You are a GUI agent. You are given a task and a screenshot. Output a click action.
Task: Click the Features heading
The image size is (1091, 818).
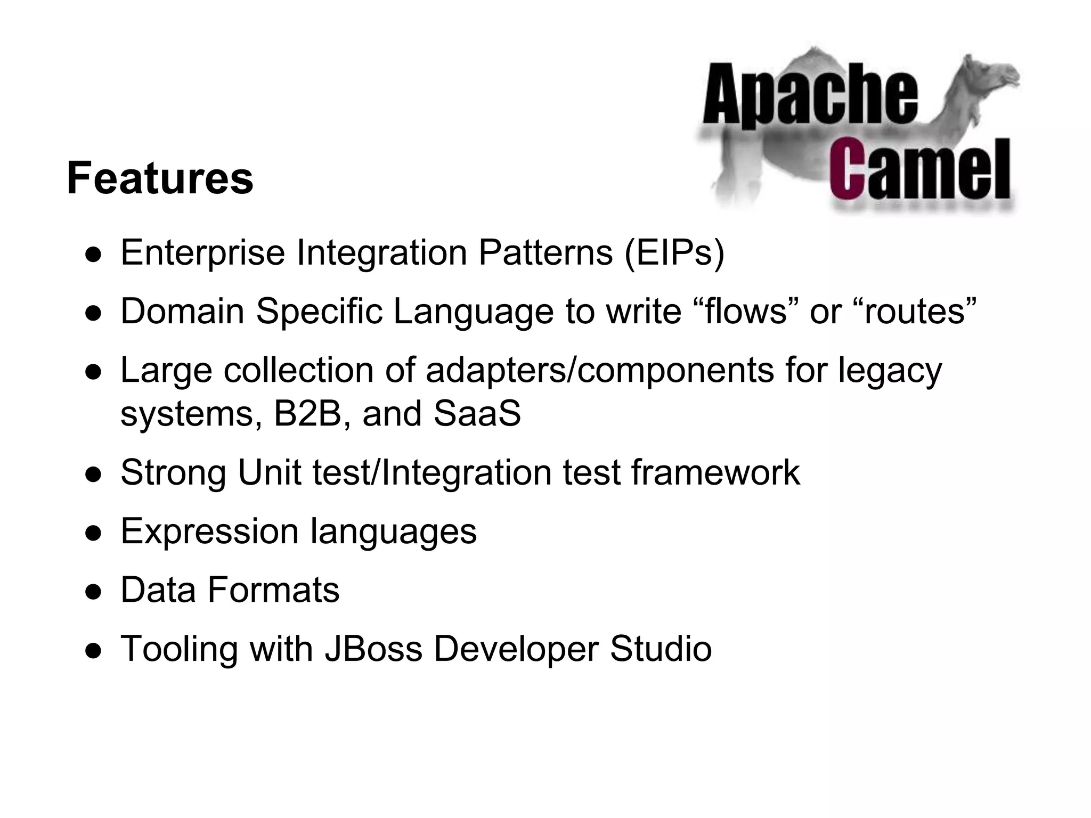click(x=160, y=178)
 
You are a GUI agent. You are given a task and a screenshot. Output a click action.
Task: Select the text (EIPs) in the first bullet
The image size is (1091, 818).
click(x=674, y=252)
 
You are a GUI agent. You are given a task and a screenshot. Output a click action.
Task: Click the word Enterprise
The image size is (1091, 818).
click(x=203, y=252)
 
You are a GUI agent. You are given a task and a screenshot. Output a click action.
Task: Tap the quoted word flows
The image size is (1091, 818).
click(x=745, y=311)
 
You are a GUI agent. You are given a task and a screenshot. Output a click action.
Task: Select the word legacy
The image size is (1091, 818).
click(x=890, y=371)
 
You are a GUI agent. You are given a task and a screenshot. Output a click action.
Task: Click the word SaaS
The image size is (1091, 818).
click(x=477, y=413)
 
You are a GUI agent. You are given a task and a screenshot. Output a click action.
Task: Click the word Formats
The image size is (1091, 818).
click(x=273, y=590)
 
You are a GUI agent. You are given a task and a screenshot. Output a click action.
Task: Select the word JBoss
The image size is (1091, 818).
click(x=373, y=649)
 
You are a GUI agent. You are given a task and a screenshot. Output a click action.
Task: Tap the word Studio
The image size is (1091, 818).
click(x=661, y=649)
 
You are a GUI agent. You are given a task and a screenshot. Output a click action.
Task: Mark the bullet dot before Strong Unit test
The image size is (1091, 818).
click(x=93, y=475)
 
